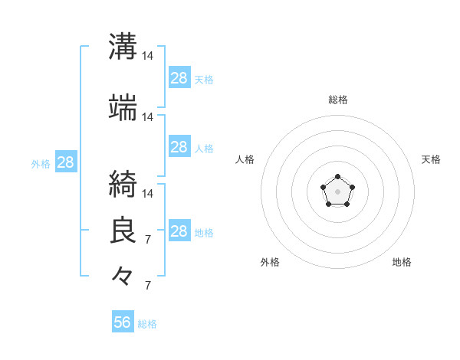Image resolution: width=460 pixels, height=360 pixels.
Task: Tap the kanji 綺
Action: pos(123,184)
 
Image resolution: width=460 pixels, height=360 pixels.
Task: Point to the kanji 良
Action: pos(123,230)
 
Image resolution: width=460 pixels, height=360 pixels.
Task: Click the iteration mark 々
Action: pos(123,274)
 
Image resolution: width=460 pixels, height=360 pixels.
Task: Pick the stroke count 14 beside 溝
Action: pos(148,56)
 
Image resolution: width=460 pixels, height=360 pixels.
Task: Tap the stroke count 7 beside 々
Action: pos(148,286)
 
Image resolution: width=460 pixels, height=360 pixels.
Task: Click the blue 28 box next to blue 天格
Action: pos(179,78)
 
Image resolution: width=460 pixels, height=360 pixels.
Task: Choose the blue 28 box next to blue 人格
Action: pos(179,147)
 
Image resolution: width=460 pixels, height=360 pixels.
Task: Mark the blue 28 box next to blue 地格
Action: pos(179,231)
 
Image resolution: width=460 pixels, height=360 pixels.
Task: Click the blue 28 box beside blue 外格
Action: pos(65,162)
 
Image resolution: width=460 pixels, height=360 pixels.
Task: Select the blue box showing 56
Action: pos(122,322)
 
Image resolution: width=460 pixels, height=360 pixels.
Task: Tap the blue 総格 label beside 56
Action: pos(147,324)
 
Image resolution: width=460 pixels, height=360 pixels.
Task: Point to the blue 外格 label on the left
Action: pos(41,163)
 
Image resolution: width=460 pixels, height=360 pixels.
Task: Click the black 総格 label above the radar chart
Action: pos(337,100)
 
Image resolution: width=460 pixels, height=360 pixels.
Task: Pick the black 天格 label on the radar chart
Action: pos(431,159)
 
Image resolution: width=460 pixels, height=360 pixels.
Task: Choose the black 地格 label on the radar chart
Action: pos(402,262)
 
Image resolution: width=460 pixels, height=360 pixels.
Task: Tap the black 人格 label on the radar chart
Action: pos(245,159)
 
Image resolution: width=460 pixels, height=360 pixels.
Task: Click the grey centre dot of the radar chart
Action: pos(337,191)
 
